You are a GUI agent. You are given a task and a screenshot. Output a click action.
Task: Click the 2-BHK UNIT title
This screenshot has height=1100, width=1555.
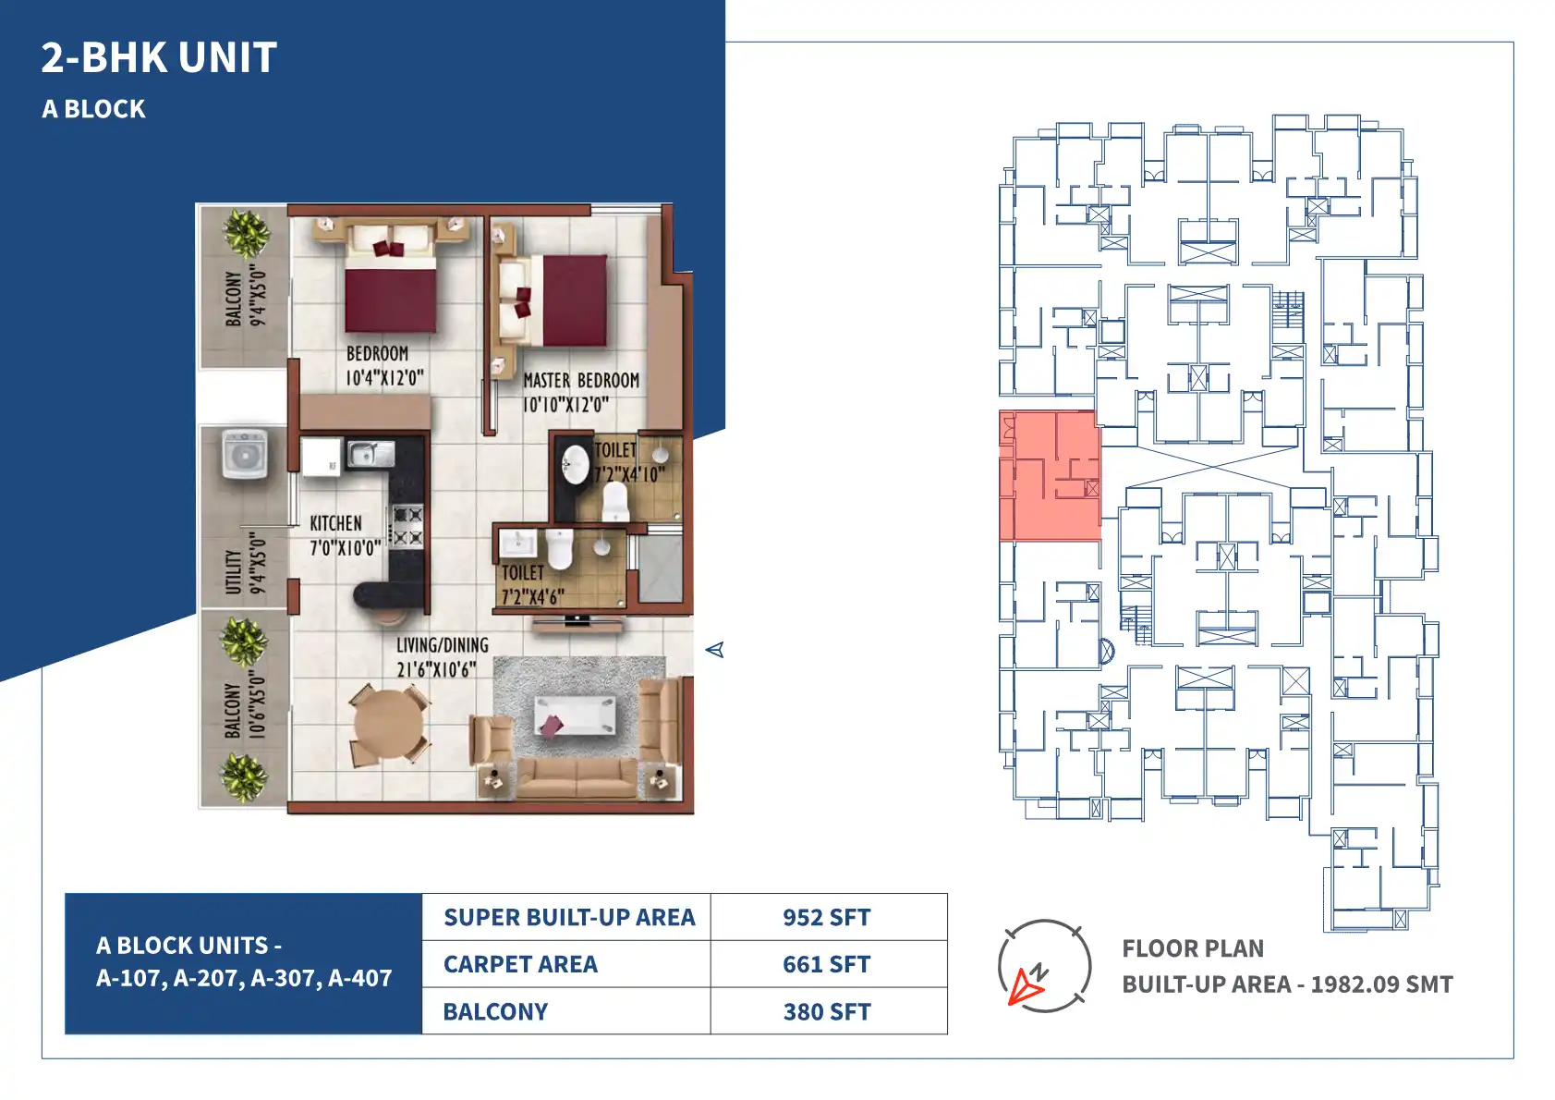159,57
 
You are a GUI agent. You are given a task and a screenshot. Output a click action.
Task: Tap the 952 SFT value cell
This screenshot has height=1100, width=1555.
826,917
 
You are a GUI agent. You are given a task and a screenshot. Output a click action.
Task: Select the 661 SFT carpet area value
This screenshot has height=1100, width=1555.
826,965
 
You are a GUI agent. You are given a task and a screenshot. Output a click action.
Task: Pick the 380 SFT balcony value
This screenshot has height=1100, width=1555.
826,1012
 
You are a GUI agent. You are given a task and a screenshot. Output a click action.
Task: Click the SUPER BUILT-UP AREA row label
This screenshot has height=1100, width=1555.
569,917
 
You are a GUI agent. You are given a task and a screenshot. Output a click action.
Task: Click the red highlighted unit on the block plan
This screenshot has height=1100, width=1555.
1050,476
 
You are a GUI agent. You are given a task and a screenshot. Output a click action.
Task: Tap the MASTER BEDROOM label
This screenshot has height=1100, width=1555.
581,381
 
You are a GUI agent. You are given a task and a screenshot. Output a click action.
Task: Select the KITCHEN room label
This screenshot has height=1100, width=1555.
336,523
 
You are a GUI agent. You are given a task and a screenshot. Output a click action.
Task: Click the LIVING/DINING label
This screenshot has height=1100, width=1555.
443,646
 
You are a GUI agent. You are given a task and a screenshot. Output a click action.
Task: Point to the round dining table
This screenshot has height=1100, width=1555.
389,724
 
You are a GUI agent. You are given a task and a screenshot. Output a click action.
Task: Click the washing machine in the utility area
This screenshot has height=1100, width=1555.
244,454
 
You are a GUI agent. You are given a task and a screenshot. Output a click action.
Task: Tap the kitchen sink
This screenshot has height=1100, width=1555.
371,454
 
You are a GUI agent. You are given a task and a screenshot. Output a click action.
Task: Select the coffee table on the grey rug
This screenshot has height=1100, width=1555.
575,715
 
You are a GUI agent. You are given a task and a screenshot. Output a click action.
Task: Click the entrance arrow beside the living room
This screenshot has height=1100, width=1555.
714,650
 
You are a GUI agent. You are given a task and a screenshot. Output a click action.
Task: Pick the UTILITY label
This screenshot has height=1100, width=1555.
233,572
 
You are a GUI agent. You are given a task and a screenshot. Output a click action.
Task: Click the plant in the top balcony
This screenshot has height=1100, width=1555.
246,233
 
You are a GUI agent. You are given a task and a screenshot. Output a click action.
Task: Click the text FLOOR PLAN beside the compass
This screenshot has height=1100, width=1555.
1193,948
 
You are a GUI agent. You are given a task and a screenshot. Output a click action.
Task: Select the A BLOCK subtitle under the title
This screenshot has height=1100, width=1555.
93,109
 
